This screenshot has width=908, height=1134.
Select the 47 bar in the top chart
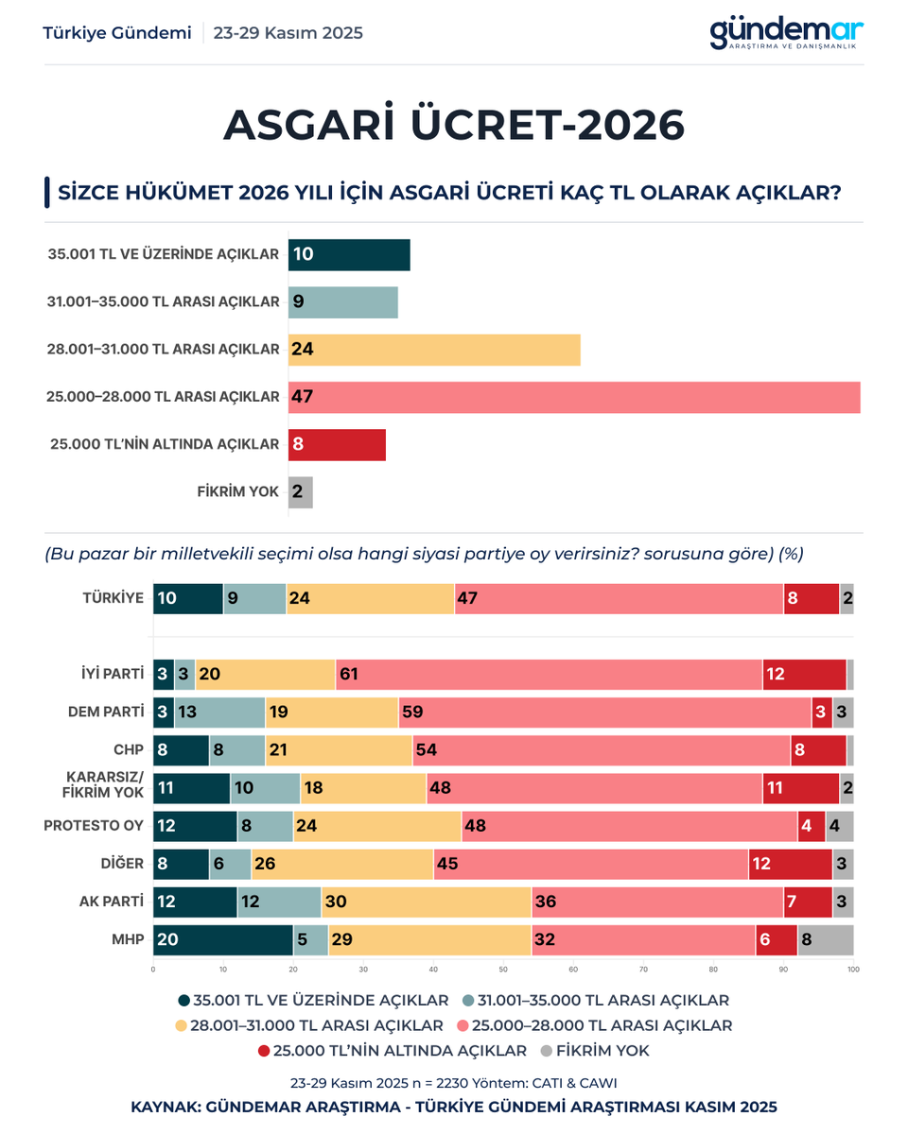coord(574,397)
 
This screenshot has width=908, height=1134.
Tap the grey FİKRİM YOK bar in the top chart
coord(301,492)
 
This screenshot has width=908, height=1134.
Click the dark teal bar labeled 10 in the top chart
coord(349,255)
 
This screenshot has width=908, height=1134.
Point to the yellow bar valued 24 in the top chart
coord(434,350)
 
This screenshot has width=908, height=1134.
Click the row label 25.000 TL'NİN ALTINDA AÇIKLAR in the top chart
coord(165,444)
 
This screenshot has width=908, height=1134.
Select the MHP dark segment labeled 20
coord(223,940)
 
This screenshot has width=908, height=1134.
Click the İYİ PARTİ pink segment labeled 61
coord(549,675)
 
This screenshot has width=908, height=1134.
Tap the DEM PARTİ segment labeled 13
coord(220,713)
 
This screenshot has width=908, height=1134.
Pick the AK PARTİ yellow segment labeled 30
coord(427,902)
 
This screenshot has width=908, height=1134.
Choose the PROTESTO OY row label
coord(94,826)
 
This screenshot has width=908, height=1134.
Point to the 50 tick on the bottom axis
coord(503,970)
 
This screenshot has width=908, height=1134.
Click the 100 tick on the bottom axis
coord(853,970)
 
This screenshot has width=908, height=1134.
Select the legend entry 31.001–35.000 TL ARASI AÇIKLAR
coord(596,1000)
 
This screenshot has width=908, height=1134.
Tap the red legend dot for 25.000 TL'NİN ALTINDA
coord(264,1051)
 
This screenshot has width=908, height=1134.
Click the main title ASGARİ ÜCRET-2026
coord(454,126)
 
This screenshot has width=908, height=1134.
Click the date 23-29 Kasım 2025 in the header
coord(288,33)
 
